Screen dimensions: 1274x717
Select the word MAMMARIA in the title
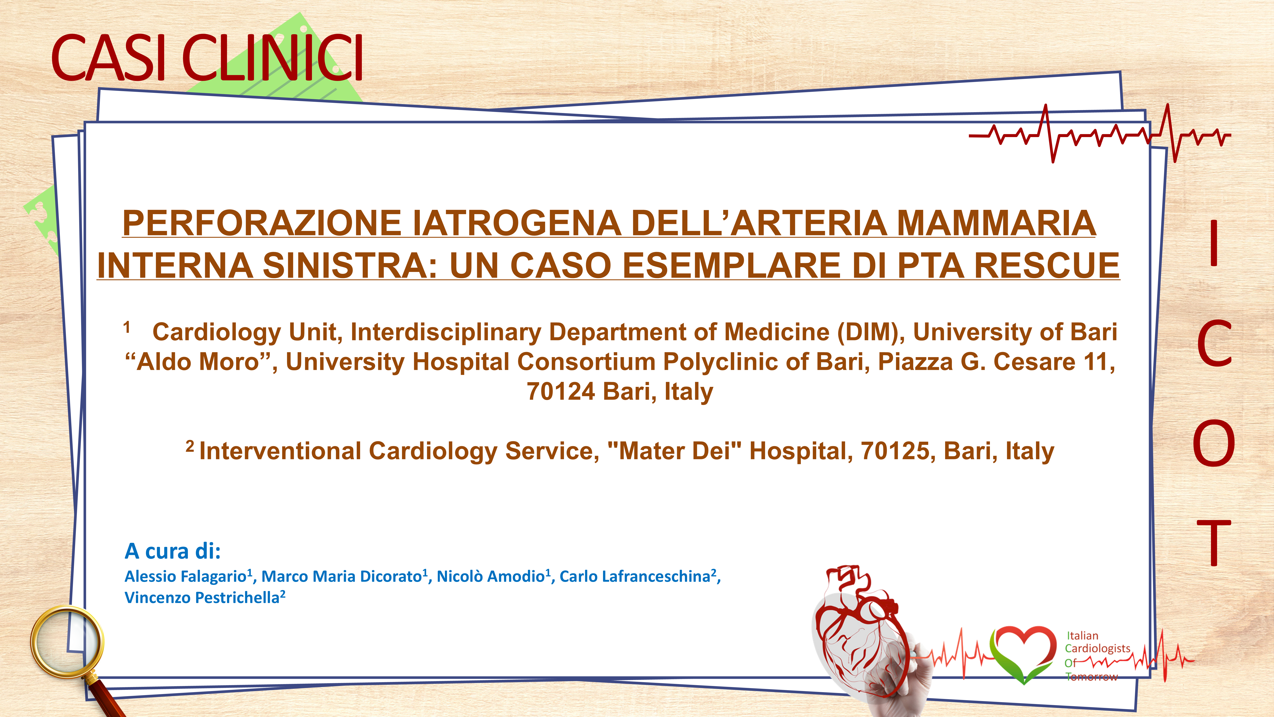tap(996, 223)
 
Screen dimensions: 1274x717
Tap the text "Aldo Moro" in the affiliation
tap(198, 362)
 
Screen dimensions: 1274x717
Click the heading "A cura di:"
tap(173, 551)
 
